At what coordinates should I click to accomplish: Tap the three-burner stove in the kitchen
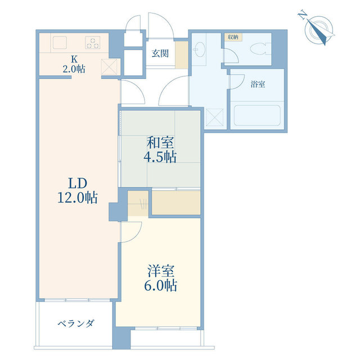click(93, 42)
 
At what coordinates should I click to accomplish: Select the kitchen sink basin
click(60, 42)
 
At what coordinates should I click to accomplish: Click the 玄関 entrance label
click(159, 54)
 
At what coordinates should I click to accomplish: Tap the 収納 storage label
click(232, 37)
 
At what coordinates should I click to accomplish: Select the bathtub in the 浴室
click(256, 116)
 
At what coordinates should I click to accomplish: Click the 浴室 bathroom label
click(258, 85)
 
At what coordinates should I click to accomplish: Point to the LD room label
click(77, 183)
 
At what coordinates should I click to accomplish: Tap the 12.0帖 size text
click(77, 197)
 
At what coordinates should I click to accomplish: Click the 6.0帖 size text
click(159, 286)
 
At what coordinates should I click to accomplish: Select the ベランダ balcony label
click(76, 323)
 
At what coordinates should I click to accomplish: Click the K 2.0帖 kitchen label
click(74, 65)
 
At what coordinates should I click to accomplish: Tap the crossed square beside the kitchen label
click(109, 66)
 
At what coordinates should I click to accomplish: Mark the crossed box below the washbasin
click(214, 117)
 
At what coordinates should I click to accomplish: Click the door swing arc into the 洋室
click(129, 231)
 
